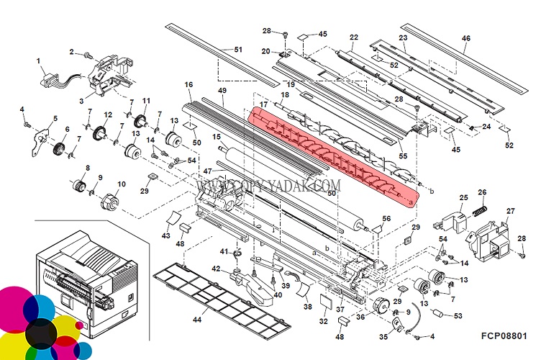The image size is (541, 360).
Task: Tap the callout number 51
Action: (x=238, y=49)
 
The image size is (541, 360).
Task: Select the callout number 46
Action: (x=465, y=38)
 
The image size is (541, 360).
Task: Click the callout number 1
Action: (x=38, y=60)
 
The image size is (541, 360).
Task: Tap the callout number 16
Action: (x=188, y=85)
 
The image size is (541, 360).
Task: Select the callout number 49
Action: (x=222, y=91)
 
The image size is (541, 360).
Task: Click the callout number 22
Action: (x=353, y=37)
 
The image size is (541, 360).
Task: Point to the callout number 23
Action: (x=403, y=37)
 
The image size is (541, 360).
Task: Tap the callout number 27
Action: (x=511, y=211)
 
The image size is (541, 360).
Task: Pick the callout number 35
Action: (x=383, y=336)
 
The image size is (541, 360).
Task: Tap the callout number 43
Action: (x=165, y=235)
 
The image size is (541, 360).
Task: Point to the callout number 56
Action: (x=386, y=217)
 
